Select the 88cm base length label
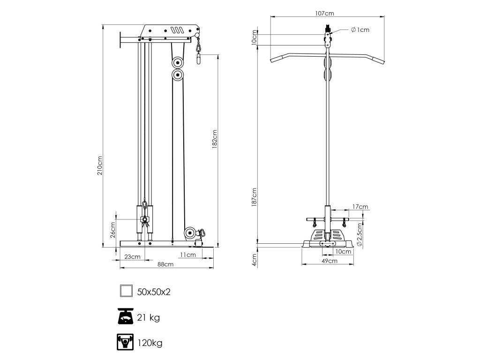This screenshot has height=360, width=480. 166,264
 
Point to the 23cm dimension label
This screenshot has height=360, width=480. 133,256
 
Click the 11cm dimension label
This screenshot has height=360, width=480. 187,255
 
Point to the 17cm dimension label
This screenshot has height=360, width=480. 360,206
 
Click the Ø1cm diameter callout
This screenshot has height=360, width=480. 360,30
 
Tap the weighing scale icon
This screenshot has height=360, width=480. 126,317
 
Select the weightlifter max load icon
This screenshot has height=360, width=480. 126,343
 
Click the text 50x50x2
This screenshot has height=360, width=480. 154,292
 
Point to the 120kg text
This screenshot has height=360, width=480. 150,343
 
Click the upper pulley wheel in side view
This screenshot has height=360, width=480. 178,62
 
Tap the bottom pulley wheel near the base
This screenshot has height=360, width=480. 190,232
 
